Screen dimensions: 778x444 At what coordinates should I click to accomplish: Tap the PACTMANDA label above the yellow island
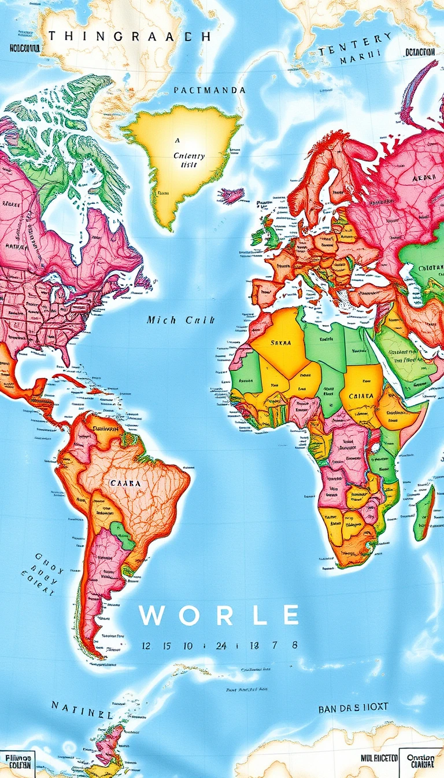(x=210, y=90)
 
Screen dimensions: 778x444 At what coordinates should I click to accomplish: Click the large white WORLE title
(x=219, y=615)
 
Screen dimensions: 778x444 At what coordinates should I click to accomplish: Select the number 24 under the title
(x=221, y=645)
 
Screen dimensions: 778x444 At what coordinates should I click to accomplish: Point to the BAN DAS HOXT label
(x=353, y=707)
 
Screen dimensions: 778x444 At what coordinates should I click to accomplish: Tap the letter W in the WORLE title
(x=151, y=615)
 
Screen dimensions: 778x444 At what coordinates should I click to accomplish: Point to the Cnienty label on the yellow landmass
(x=189, y=156)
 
